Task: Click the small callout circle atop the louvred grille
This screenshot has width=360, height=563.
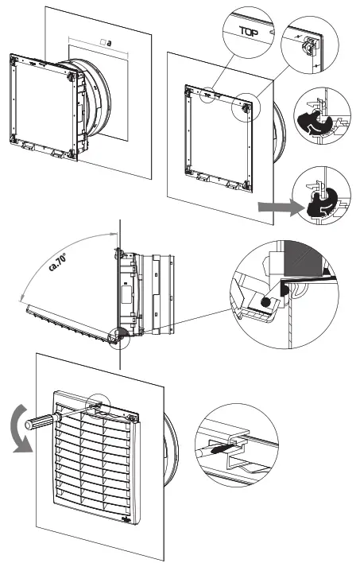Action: pos(99,406)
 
